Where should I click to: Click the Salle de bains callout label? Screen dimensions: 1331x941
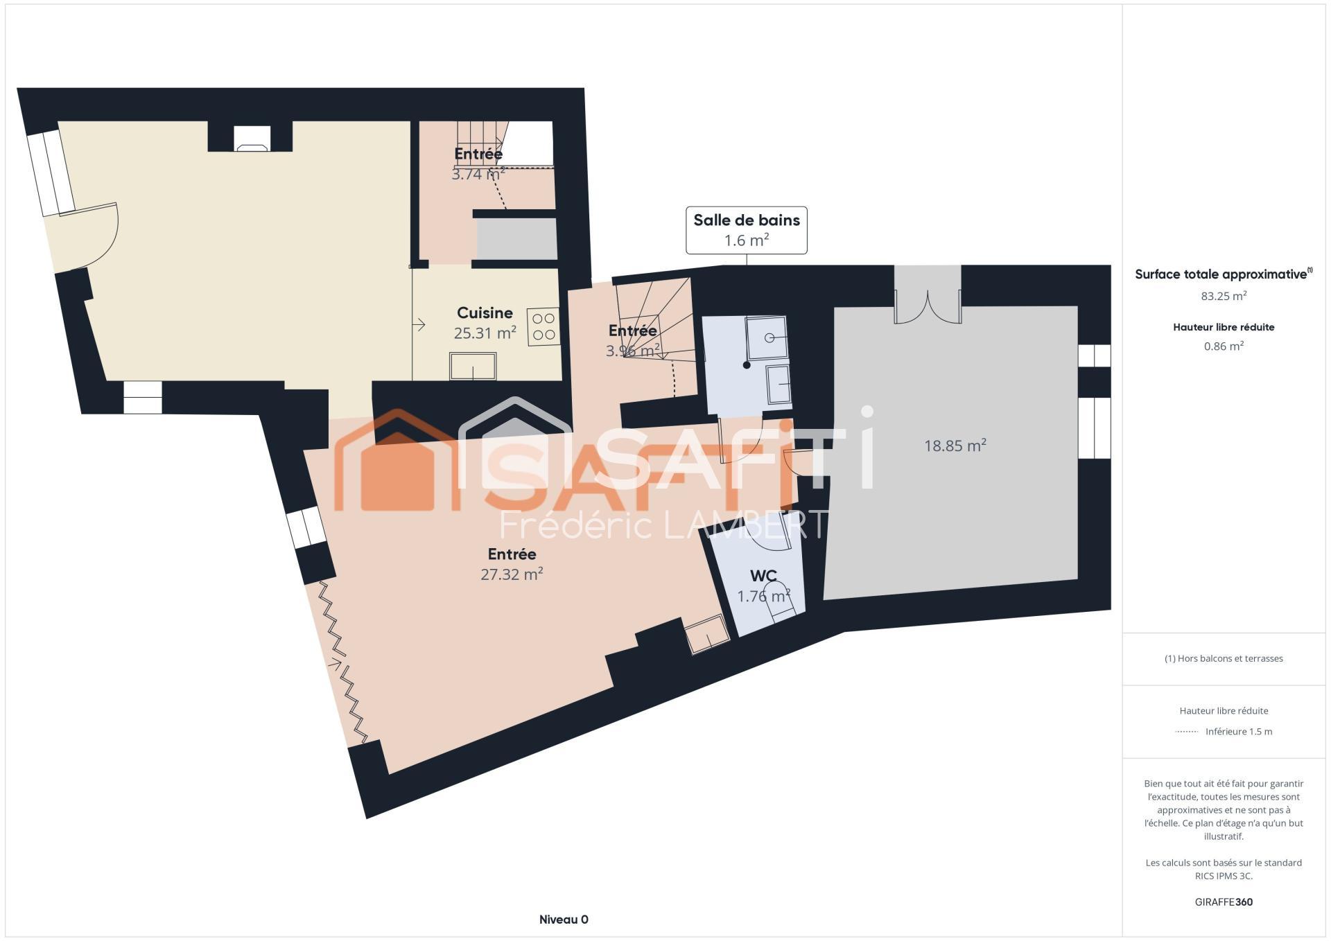coord(747,229)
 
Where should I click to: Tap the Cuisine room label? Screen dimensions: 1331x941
coord(485,313)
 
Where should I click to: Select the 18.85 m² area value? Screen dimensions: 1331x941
coord(955,445)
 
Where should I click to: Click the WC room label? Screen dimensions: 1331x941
coord(763,576)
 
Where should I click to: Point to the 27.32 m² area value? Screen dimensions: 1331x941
coord(512,574)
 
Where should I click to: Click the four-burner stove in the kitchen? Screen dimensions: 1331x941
coord(543,327)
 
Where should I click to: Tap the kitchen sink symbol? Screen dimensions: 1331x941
coord(473,366)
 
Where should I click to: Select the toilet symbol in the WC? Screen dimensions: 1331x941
coord(778,600)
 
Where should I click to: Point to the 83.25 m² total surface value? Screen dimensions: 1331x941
coord(1224,296)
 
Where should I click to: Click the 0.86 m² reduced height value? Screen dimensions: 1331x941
coord(1224,346)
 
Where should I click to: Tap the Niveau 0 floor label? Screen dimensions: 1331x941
coord(564,920)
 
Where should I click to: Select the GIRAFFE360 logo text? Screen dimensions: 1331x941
coord(1224,902)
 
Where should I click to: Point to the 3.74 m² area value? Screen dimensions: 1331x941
coord(478,174)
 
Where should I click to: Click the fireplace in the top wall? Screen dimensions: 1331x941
coord(252,138)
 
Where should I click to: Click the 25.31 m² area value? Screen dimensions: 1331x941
coord(485,333)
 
